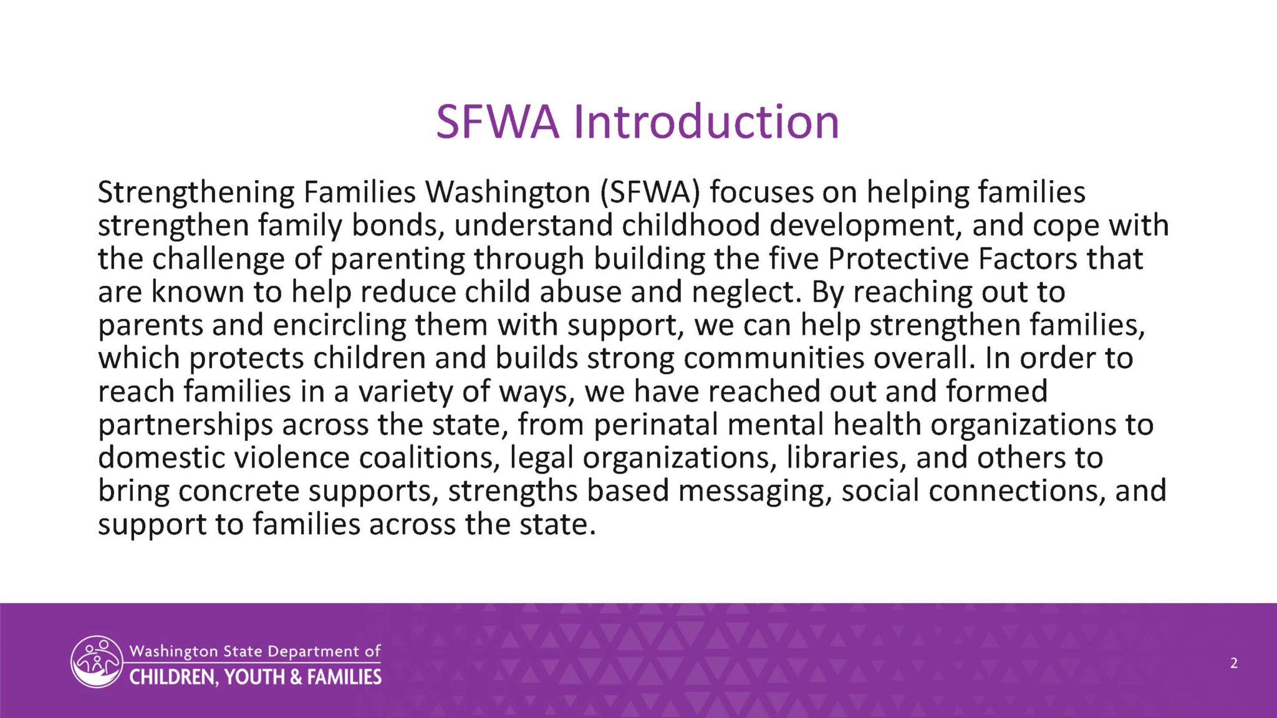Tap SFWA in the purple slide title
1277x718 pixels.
pos(498,122)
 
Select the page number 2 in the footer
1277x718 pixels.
pos(1234,663)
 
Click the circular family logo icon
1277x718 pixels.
pos(97,662)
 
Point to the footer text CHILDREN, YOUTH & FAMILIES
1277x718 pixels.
pos(255,677)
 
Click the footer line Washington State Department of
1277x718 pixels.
pos(255,651)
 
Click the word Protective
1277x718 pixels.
pos(899,259)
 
